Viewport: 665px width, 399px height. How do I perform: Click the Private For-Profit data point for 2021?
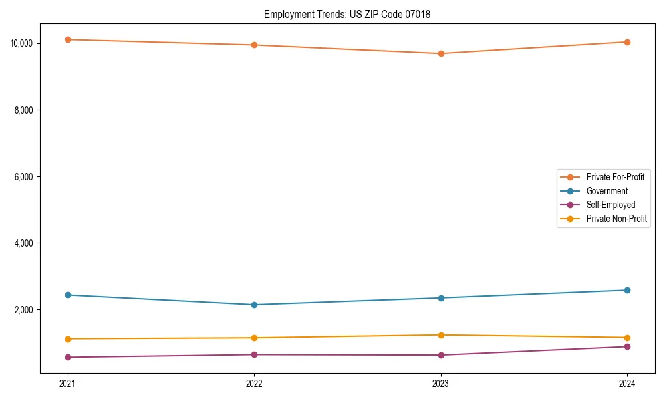click(x=68, y=39)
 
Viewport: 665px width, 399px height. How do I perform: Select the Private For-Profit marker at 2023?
click(x=441, y=53)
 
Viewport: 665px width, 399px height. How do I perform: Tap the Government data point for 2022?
click(x=254, y=305)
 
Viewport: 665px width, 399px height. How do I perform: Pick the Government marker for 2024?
click(x=627, y=290)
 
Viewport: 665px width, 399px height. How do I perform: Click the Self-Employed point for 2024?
click(x=627, y=346)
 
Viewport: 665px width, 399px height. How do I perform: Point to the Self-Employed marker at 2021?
click(x=68, y=357)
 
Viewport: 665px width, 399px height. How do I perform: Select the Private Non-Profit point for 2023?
click(x=441, y=335)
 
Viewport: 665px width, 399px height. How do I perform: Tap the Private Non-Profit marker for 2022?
click(x=254, y=338)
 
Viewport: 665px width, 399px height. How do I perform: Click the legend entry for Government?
click(x=606, y=191)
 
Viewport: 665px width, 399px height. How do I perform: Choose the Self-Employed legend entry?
click(x=610, y=205)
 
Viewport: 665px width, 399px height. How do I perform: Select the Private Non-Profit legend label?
click(x=616, y=219)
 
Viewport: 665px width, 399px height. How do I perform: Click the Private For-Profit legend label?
click(x=615, y=177)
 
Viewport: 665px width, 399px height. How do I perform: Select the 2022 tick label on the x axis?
click(x=254, y=383)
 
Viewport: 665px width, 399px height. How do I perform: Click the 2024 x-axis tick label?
click(x=627, y=383)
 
